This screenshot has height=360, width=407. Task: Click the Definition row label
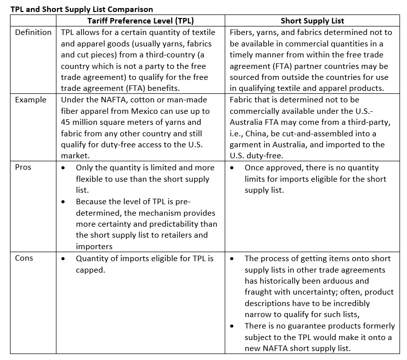[33, 32]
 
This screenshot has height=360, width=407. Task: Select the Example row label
[30, 100]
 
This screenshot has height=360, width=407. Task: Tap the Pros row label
[23, 167]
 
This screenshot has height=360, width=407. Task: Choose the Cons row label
[24, 258]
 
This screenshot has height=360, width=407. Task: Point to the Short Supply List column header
[312, 21]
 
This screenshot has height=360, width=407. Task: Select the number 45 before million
[66, 122]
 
